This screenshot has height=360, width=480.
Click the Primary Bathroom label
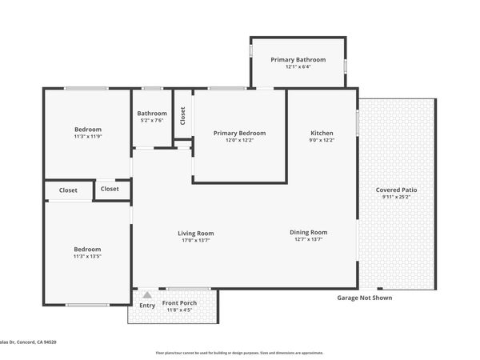pos(298,60)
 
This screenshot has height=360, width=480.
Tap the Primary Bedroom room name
pos(239,133)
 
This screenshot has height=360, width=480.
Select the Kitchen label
pos(322,133)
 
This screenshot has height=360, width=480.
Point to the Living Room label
pos(195,234)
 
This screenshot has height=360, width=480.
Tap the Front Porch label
pos(181,303)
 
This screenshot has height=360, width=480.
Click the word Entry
pos(147,306)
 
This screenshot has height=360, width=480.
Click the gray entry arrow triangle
pos(146,294)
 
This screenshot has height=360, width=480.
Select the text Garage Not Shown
pos(368,296)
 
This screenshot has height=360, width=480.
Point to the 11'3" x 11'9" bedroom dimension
pos(87,137)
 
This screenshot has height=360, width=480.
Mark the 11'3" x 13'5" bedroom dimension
pos(87,257)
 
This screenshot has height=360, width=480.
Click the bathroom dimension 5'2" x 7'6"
pos(152,121)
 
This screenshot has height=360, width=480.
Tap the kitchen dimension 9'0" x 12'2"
pos(322,140)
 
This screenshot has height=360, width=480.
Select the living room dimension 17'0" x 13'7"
pos(195,241)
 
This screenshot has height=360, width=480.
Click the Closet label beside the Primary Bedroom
pos(182,116)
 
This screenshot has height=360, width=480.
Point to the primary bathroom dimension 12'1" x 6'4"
pos(298,67)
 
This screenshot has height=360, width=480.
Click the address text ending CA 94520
pos(28,342)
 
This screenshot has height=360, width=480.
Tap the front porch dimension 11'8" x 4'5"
pos(181,310)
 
